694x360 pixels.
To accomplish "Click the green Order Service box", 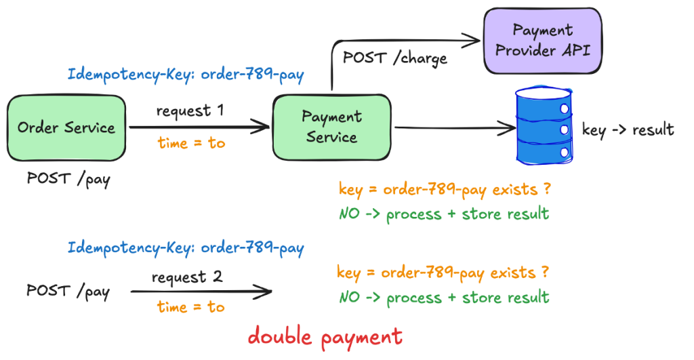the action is pyautogui.click(x=66, y=127).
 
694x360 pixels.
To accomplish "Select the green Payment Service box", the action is pyautogui.click(x=332, y=127).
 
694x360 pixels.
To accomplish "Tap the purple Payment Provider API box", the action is pyautogui.click(x=543, y=40).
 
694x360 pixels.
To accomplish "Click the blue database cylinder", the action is pyautogui.click(x=544, y=125).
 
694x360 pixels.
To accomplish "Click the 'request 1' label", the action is pyautogui.click(x=190, y=111).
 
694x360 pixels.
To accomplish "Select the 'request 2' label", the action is pyautogui.click(x=187, y=278).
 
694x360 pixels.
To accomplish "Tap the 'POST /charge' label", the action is pyautogui.click(x=395, y=58).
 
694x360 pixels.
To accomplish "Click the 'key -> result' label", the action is pyautogui.click(x=628, y=129).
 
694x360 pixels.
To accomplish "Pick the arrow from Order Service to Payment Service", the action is pyautogui.click(x=199, y=127).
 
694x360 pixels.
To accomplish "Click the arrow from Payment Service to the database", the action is pyautogui.click(x=455, y=128).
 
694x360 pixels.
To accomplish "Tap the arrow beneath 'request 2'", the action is pyautogui.click(x=201, y=292).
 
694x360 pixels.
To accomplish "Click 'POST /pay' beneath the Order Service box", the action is pyautogui.click(x=68, y=179).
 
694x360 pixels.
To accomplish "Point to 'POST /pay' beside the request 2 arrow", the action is pyautogui.click(x=68, y=292).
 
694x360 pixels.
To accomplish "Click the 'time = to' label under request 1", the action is pyautogui.click(x=191, y=142).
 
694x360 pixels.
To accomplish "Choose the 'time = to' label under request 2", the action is pyautogui.click(x=190, y=306).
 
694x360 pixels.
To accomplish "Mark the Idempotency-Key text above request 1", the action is pyautogui.click(x=186, y=75).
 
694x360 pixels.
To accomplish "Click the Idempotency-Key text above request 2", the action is pyautogui.click(x=186, y=247).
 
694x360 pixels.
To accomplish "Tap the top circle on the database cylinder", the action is pyautogui.click(x=565, y=108).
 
